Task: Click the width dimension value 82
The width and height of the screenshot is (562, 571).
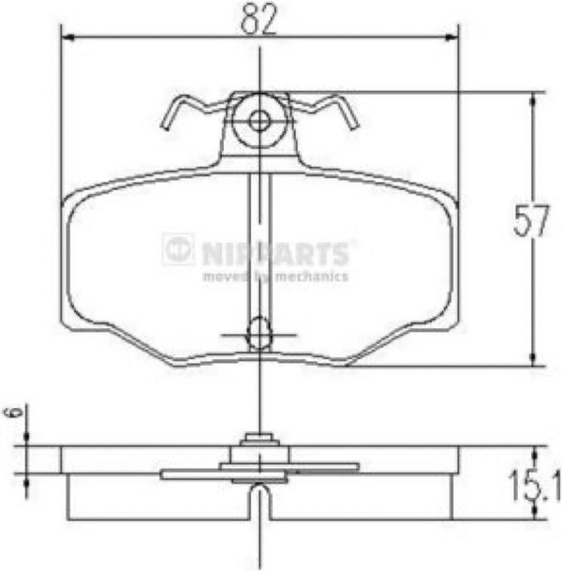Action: tap(259, 20)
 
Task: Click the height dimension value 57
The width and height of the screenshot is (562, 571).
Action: tap(531, 220)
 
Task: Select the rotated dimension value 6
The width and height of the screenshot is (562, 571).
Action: tap(13, 412)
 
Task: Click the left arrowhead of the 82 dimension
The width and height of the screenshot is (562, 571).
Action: tap(68, 38)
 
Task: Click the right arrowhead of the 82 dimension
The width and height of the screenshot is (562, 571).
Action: tap(451, 38)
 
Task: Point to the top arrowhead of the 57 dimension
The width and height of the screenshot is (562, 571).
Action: tap(533, 99)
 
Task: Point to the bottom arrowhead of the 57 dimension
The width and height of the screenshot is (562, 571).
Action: tap(533, 358)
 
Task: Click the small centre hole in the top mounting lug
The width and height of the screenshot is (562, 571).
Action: tap(259, 121)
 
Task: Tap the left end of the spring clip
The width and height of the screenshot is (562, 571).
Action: tap(165, 126)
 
